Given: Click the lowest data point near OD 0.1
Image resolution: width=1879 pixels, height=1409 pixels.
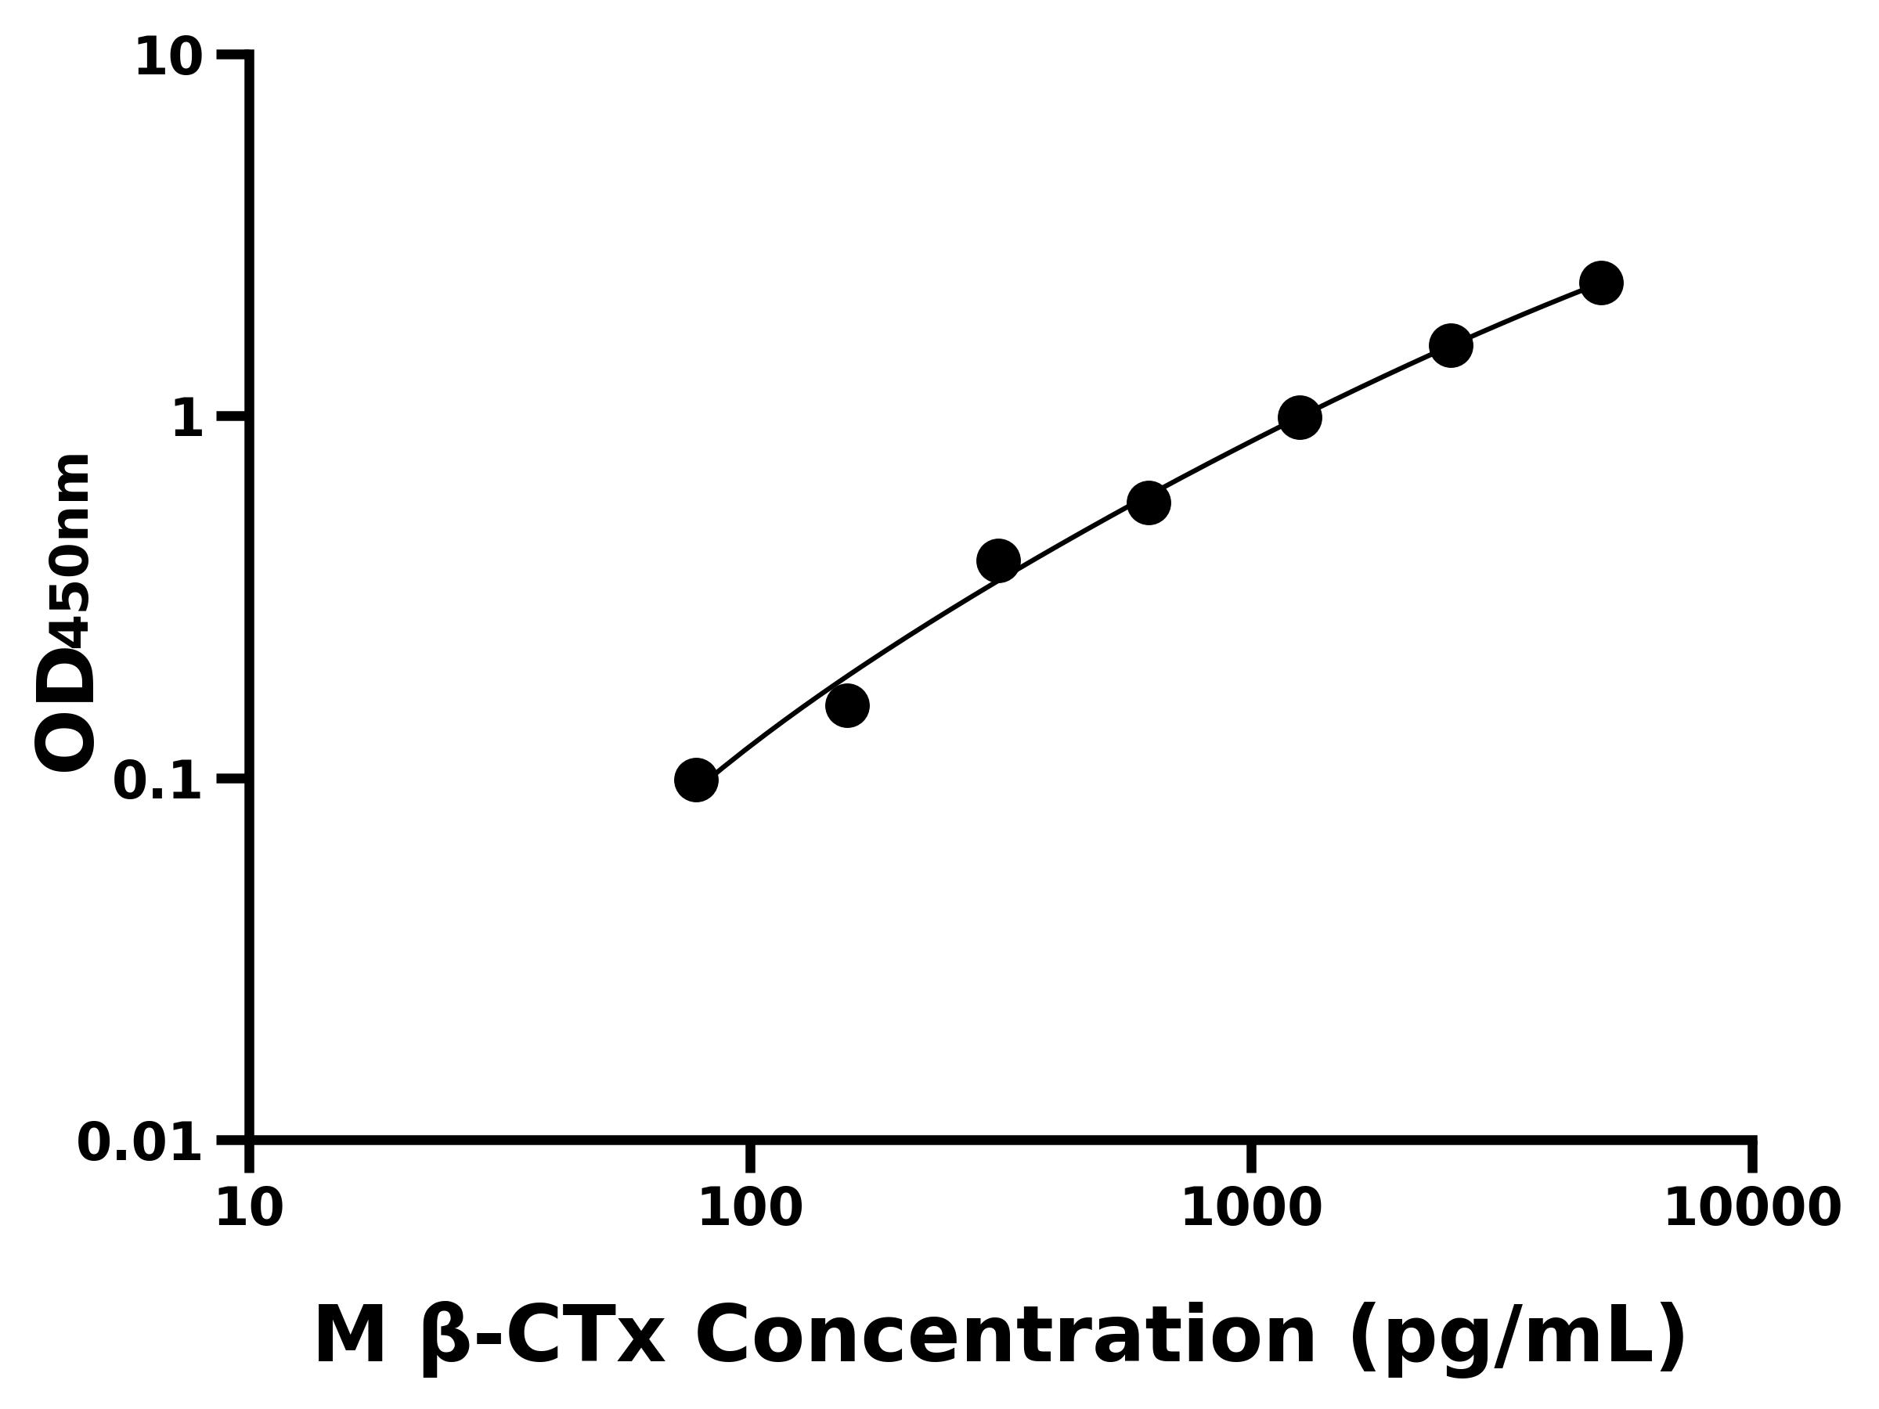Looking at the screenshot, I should [696, 780].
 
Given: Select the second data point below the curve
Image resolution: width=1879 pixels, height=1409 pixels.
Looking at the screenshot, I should [847, 706].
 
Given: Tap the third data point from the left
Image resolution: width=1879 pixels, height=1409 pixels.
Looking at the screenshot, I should [998, 560].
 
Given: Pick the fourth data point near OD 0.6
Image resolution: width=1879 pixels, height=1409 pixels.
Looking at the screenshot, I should [1149, 503].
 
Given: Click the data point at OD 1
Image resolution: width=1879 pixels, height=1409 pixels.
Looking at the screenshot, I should [1300, 417].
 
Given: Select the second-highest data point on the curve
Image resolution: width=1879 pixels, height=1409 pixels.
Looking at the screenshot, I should [1451, 346].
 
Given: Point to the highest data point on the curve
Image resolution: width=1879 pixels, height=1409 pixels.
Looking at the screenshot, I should [1601, 282].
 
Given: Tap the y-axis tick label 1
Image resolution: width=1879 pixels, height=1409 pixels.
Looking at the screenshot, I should [188, 419].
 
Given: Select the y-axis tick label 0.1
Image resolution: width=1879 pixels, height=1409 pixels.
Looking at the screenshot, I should [158, 780].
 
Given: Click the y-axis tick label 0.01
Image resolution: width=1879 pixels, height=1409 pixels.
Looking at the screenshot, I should [140, 1143].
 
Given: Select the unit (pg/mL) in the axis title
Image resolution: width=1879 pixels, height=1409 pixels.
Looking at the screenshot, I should [1517, 1338].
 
